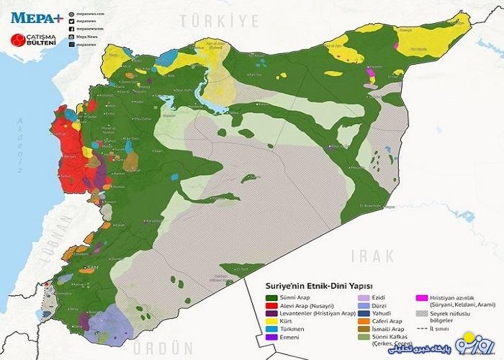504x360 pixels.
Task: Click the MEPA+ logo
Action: [32, 14]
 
